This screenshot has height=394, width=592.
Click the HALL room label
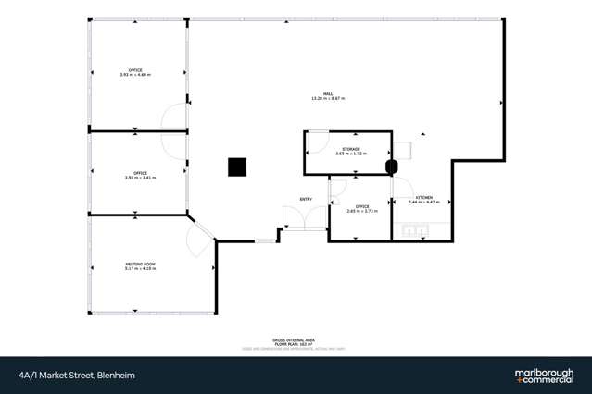(x=328, y=93)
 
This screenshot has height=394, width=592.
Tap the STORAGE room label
(x=350, y=148)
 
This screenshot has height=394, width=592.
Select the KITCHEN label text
(x=423, y=197)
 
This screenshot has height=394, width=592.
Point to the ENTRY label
(x=305, y=199)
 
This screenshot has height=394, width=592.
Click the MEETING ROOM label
(x=141, y=264)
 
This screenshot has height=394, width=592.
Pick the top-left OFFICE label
(x=135, y=69)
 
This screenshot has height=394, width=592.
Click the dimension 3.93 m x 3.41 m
(x=141, y=177)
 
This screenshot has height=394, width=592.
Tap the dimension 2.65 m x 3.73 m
(x=360, y=211)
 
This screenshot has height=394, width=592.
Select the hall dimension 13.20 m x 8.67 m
(x=328, y=98)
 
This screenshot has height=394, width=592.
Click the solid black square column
(x=238, y=166)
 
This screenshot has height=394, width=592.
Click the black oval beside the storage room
(x=391, y=166)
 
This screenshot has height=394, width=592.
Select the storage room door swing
(x=316, y=140)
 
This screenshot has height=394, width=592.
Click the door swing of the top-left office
(x=173, y=118)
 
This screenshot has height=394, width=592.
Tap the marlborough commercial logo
(x=544, y=376)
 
